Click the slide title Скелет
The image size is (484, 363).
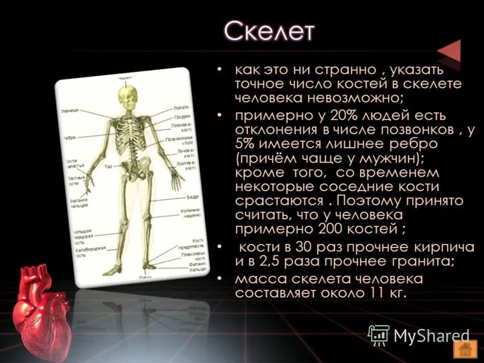(269, 31)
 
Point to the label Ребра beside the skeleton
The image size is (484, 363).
(68, 138)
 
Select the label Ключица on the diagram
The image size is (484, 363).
(68, 111)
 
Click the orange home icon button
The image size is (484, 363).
(464, 349)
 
